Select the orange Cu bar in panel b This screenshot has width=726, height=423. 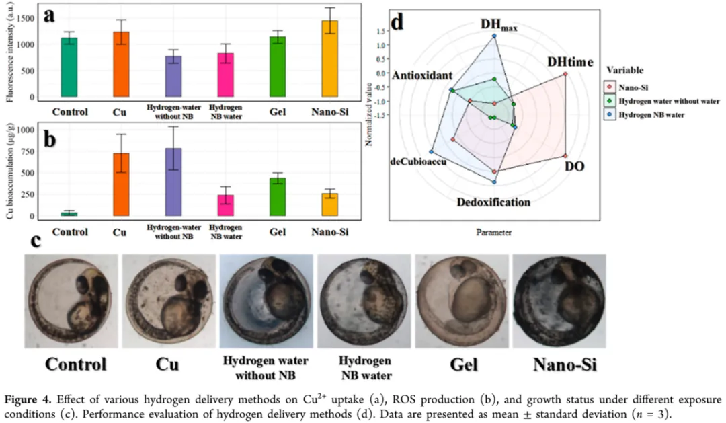(x=120, y=184)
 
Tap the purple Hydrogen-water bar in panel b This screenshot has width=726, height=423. (x=173, y=182)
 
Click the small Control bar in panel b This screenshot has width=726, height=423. (x=69, y=214)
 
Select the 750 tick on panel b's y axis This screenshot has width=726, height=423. (x=27, y=152)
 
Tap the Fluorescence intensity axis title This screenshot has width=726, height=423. (x=9, y=52)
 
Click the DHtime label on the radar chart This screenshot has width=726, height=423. (x=569, y=62)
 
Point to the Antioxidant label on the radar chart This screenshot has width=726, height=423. (x=423, y=75)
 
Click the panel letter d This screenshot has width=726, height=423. (x=397, y=22)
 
